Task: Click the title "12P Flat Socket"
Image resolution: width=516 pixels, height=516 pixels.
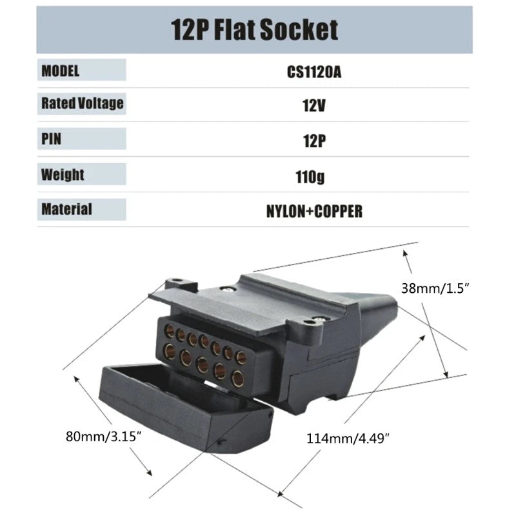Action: coord(254,30)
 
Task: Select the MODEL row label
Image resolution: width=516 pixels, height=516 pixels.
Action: coord(61,70)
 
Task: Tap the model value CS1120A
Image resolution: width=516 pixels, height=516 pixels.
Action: coord(313,71)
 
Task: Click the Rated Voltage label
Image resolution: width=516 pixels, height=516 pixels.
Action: coord(82,103)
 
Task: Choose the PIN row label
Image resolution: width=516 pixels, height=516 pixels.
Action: coord(52,139)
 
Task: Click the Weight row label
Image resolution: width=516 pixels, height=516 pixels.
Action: coord(63,174)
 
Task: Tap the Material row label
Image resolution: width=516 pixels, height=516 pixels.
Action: coord(66,209)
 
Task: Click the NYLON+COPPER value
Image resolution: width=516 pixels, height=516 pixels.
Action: coord(313,211)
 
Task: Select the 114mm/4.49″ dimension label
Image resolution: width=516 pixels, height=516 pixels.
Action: coord(348,439)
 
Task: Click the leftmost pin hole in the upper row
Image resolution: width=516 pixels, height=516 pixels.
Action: coord(170,332)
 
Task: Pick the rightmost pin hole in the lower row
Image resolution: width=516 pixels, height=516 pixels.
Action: coord(237,378)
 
